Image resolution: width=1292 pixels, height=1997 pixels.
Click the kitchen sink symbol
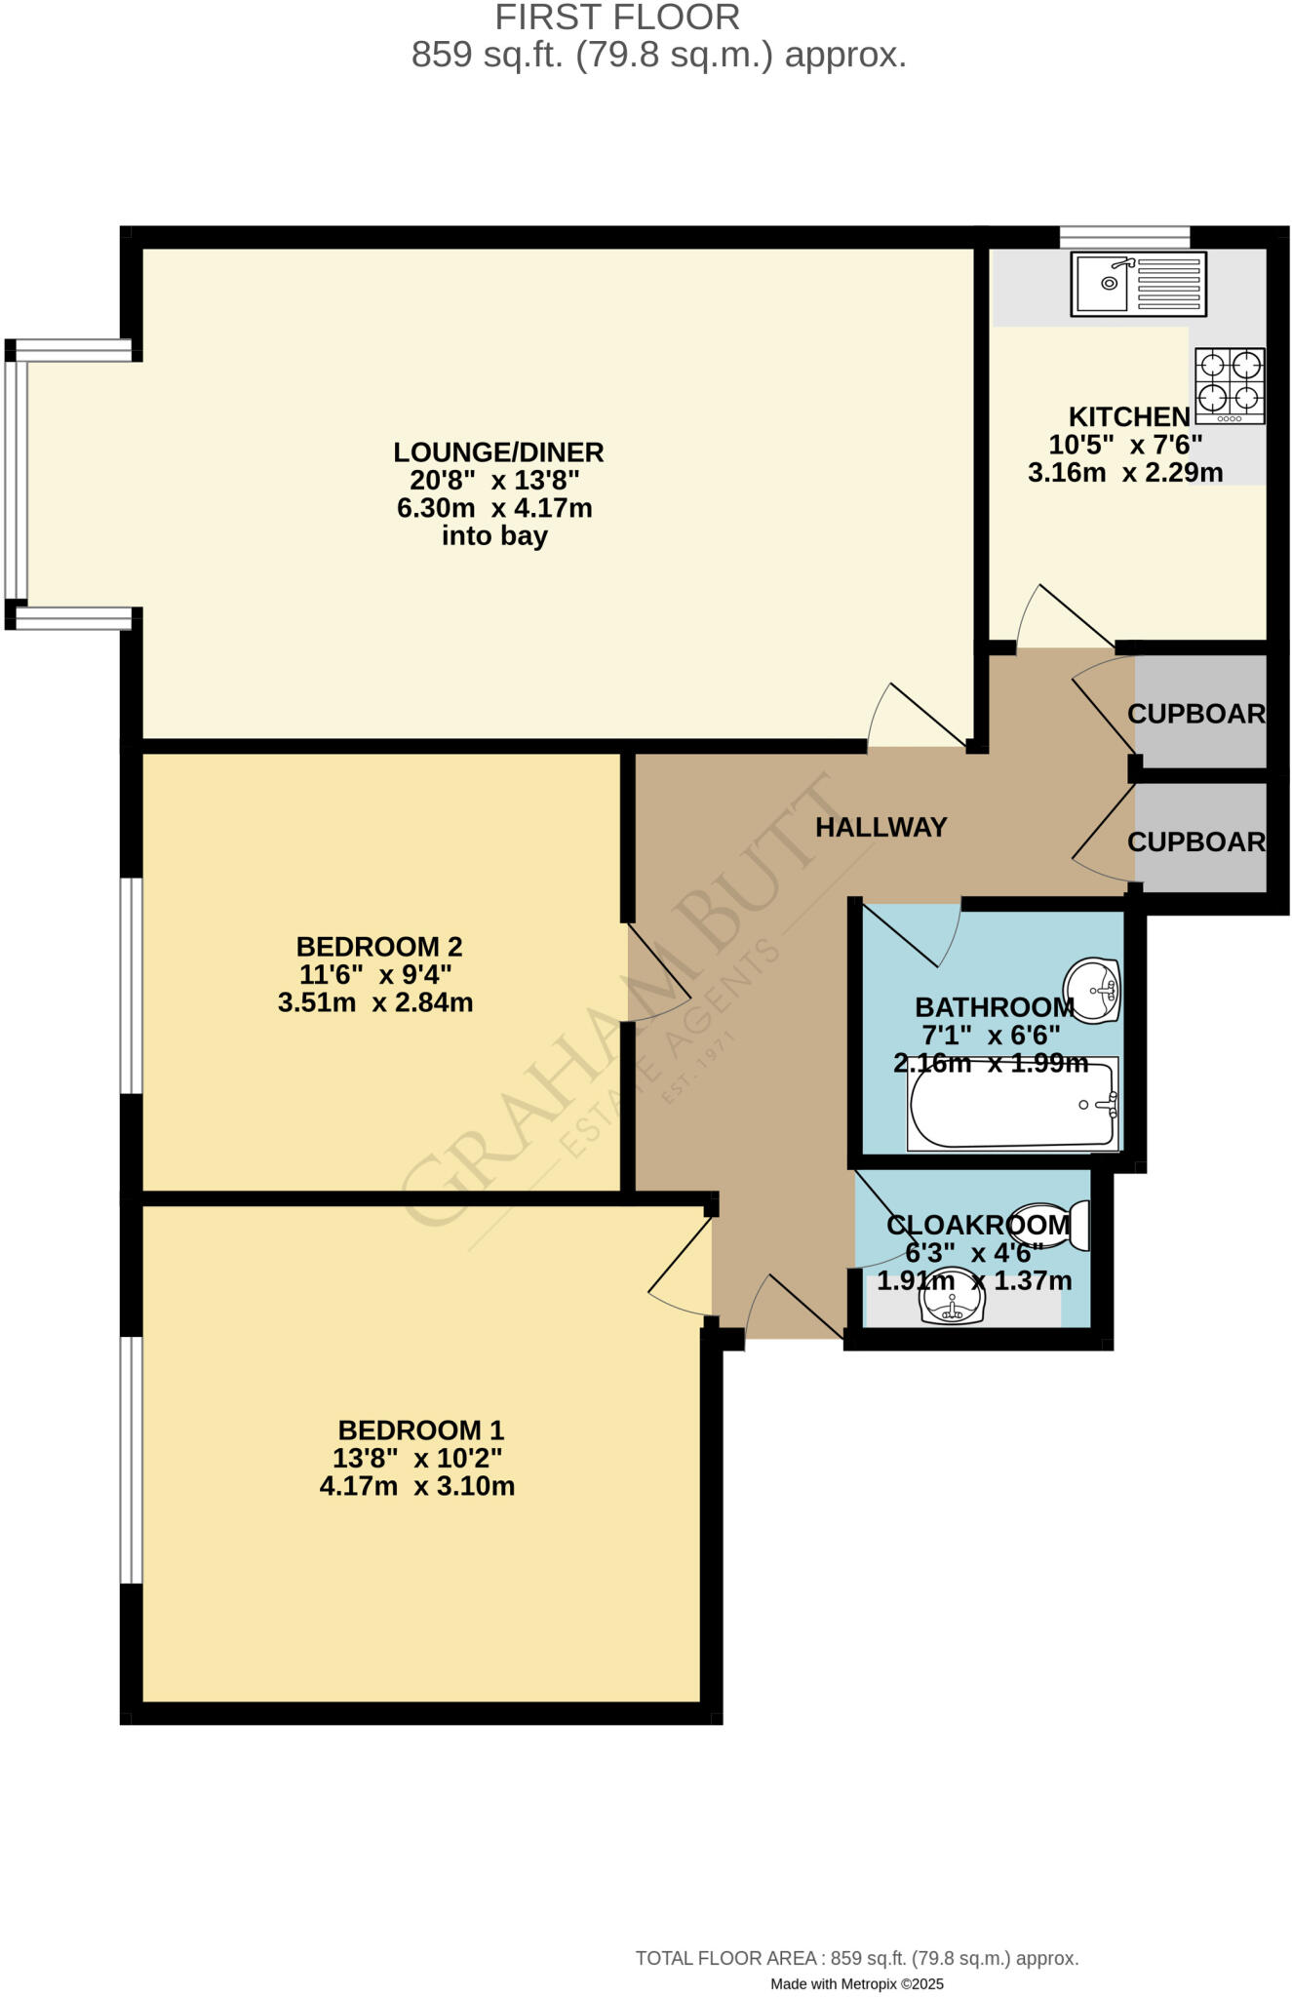[x=1138, y=284]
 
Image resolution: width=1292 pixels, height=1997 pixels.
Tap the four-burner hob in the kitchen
[x=1230, y=385]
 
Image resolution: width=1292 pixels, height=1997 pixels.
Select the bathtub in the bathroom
[x=1013, y=1105]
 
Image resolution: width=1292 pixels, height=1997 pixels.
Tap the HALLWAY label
[x=881, y=827]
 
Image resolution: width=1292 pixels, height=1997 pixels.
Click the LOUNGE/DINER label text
[x=498, y=452]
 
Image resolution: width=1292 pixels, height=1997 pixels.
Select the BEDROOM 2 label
[x=378, y=946]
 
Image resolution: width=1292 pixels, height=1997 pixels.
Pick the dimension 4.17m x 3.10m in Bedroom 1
[x=416, y=1486]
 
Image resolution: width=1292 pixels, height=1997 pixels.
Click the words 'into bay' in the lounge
[x=494, y=535]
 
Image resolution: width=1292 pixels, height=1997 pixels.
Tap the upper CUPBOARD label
[x=1196, y=714]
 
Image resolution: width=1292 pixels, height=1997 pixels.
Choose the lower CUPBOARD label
[x=1196, y=842]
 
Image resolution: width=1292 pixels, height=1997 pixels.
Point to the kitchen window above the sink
[x=1124, y=237]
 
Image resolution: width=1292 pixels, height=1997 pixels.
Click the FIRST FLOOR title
[x=617, y=18]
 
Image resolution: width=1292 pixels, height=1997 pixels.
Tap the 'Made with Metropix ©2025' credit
[x=856, y=1983]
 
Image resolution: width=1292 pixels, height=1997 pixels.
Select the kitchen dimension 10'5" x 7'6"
[x=1124, y=445]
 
